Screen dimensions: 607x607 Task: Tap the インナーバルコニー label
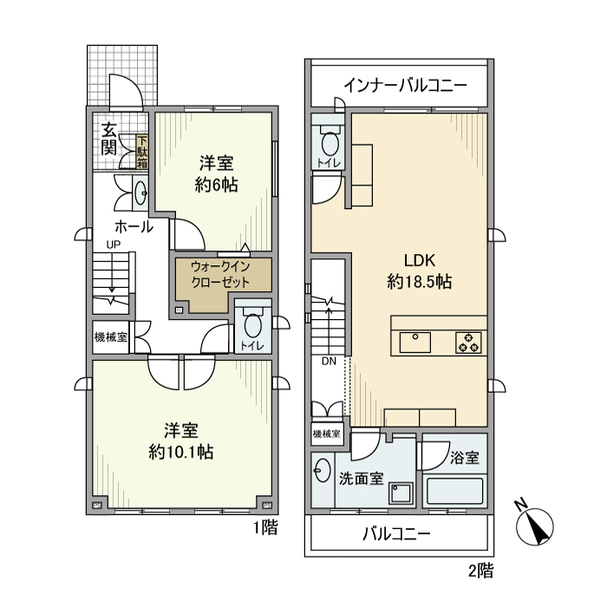405,86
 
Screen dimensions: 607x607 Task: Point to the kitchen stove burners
469,343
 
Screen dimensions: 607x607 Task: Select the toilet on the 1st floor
252,325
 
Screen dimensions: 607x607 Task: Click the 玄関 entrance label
108,139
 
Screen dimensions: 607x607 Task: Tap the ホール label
134,227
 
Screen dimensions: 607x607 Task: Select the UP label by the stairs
113,245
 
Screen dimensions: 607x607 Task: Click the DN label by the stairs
329,362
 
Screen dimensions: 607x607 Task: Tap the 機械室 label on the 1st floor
110,337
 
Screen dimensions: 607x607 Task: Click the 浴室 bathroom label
465,456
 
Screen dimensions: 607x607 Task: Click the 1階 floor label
265,527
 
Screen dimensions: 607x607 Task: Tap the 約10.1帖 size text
181,452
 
